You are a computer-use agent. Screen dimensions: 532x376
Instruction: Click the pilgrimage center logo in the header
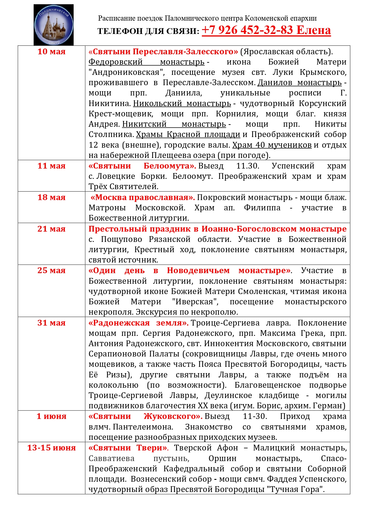[54, 25]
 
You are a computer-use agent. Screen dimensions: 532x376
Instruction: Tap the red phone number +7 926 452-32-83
[247, 30]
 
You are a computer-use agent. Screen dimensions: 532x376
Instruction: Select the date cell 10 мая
[52, 52]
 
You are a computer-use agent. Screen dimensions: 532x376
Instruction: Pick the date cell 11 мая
[52, 166]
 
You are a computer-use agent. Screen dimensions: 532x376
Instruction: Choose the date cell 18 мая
[52, 197]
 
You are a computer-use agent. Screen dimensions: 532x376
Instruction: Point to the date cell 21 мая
[52, 229]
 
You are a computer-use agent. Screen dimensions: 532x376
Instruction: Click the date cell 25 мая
[52, 270]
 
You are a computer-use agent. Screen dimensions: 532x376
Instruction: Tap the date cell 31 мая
[52, 323]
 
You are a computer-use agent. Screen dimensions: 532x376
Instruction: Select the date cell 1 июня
[52, 416]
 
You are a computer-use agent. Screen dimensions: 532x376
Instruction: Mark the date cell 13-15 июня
[52, 448]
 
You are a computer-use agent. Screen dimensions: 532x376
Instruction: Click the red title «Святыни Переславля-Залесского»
[163, 52]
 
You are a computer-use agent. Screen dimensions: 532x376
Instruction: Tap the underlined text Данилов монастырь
[299, 82]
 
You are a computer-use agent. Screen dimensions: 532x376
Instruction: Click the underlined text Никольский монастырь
[182, 103]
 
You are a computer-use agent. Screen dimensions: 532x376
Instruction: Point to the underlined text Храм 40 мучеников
[272, 145]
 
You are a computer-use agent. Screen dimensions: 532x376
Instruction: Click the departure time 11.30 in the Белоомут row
[248, 166]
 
